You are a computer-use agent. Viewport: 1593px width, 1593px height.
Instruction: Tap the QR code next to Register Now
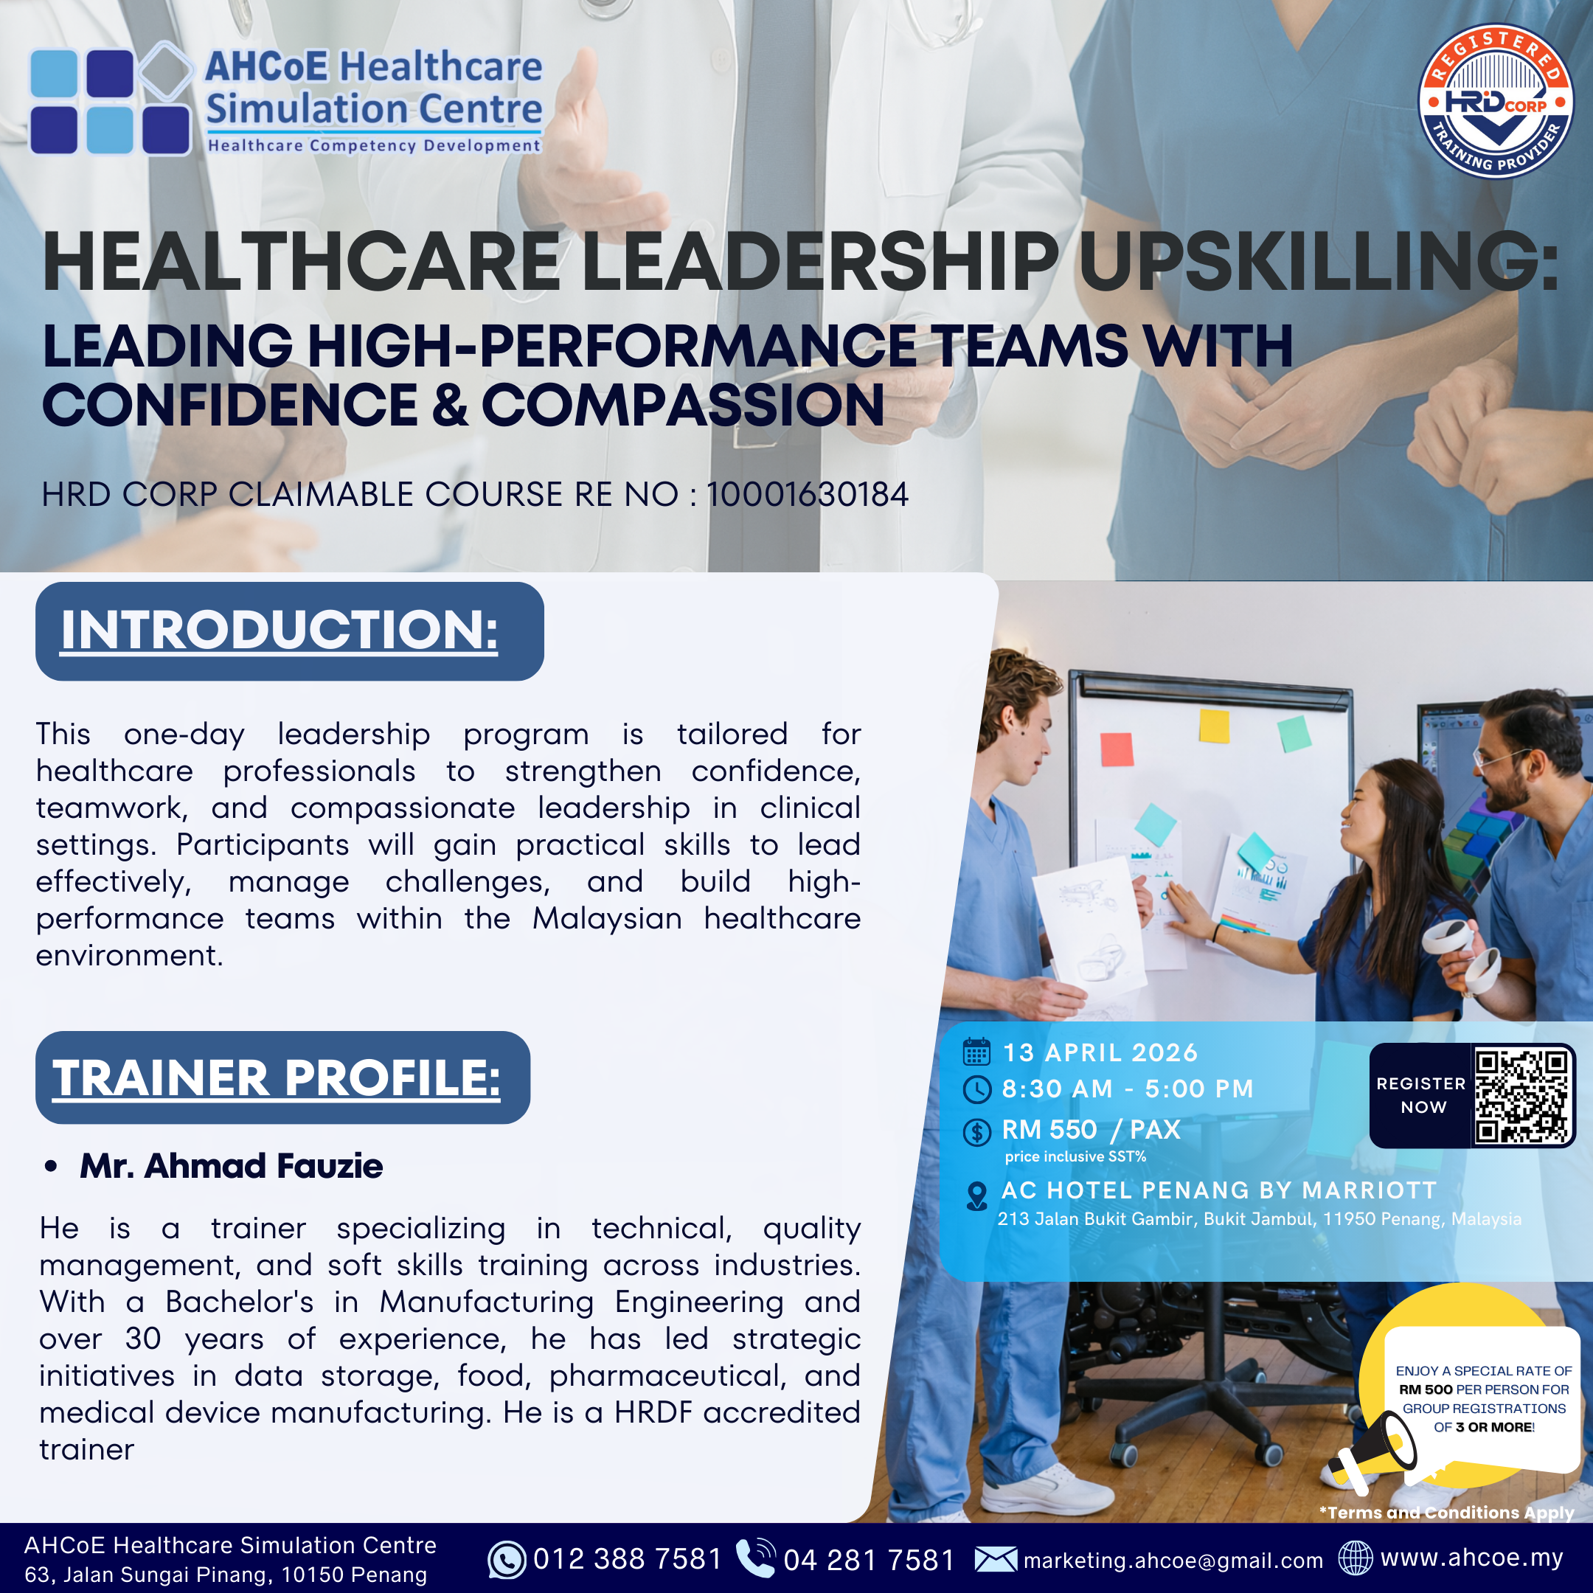coord(1522,1096)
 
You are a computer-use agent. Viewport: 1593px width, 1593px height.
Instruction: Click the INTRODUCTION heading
coord(280,631)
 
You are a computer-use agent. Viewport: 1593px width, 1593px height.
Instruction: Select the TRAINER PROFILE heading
coord(277,1077)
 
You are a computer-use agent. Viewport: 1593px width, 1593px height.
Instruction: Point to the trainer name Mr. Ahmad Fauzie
coord(232,1166)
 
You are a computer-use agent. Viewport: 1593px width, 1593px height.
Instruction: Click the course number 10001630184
coord(808,495)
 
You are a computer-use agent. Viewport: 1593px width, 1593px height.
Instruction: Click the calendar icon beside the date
coord(977,1052)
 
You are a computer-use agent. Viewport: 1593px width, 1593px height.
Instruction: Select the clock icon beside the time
coord(977,1089)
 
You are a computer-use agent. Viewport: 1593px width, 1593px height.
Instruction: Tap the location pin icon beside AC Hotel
coord(977,1195)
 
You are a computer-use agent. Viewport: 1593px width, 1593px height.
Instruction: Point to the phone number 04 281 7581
coord(869,1560)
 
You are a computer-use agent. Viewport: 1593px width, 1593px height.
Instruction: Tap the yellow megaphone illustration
coord(1371,1460)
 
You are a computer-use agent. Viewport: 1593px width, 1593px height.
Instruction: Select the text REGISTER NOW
coord(1421,1095)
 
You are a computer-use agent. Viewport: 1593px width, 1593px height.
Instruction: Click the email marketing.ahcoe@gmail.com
coord(1173,1561)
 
